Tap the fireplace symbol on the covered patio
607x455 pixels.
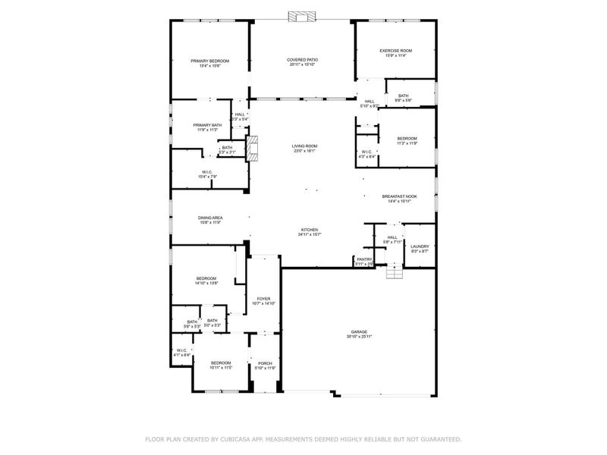click(302, 18)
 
